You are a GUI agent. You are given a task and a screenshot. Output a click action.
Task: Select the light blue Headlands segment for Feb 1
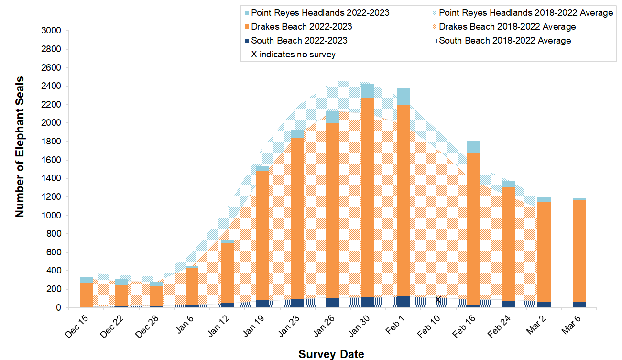pyautogui.click(x=403, y=97)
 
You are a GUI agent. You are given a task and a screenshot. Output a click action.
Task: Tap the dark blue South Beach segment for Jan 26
pyautogui.click(x=332, y=303)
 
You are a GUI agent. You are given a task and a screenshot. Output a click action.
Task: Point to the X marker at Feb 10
pyautogui.click(x=438, y=300)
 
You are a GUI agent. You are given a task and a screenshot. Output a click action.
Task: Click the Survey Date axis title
pyautogui.click(x=331, y=354)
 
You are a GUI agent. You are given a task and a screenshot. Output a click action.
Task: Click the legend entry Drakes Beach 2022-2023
pyautogui.click(x=302, y=27)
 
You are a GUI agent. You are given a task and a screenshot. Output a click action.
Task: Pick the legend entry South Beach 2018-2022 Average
pyautogui.click(x=504, y=41)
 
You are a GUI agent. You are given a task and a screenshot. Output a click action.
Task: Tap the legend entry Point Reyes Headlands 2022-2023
pyautogui.click(x=320, y=13)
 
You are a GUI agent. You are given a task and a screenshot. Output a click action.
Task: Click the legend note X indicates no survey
pyautogui.click(x=293, y=55)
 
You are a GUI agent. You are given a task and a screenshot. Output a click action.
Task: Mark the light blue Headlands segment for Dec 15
pyautogui.click(x=86, y=280)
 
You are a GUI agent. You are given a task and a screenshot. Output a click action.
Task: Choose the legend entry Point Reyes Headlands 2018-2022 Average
pyautogui.click(x=525, y=13)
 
